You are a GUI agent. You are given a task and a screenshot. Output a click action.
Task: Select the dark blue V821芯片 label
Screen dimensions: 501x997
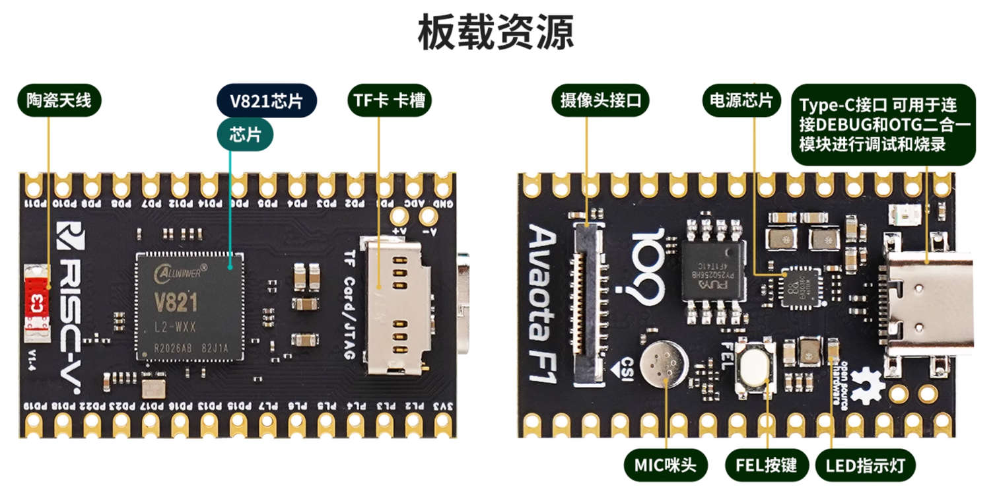tap(266, 101)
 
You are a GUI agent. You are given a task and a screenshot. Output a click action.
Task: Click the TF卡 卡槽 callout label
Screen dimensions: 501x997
tap(389, 100)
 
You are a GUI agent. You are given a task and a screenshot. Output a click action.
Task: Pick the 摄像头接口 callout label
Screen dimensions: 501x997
tap(600, 100)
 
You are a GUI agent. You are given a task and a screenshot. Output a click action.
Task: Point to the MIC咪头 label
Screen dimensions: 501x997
tap(665, 465)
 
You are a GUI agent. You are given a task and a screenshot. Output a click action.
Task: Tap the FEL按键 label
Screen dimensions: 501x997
tap(766, 465)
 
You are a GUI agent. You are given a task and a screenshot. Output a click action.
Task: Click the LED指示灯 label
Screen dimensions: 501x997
tap(864, 465)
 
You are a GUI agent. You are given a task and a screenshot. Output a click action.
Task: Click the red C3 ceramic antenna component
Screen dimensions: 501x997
tap(36, 304)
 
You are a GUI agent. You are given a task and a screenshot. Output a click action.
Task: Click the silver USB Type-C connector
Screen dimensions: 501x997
tap(931, 304)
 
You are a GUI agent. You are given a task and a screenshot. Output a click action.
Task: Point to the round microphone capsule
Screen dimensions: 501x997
tap(664, 364)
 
